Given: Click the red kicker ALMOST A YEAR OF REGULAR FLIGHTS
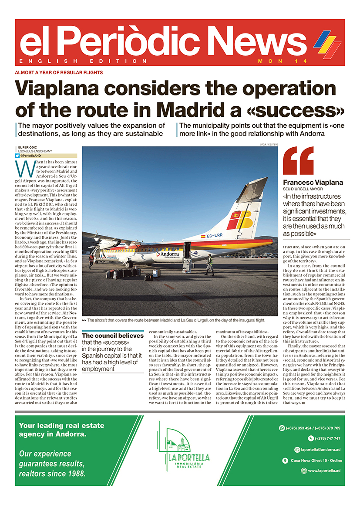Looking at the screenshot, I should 59,72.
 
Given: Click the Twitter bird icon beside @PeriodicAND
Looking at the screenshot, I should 17,156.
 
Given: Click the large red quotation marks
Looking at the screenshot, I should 298,161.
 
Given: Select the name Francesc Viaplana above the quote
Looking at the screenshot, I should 307,182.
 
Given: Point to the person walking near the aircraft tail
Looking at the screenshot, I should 209,265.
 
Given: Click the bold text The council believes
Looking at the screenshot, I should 113,336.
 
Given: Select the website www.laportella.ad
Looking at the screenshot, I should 324,471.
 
